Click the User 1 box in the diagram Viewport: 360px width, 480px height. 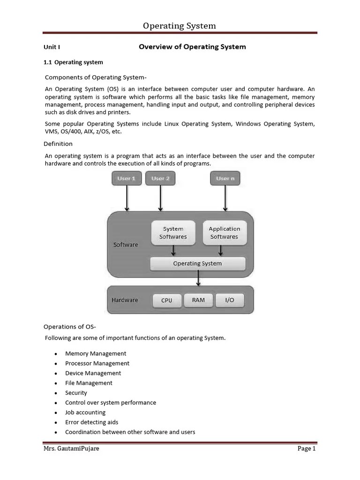(x=127, y=179)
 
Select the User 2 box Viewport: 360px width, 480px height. (x=161, y=179)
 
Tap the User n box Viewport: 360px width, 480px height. (x=225, y=179)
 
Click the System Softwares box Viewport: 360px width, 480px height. (x=173, y=232)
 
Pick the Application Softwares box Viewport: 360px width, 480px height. (x=224, y=232)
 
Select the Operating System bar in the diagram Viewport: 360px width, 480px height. (x=197, y=263)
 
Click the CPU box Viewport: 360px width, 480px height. (x=167, y=300)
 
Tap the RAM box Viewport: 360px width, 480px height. (x=198, y=300)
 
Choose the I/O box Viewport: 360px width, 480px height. (x=230, y=300)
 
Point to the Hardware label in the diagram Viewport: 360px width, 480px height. (x=125, y=300)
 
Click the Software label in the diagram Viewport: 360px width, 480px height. (x=126, y=245)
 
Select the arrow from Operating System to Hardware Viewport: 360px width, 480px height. (x=198, y=278)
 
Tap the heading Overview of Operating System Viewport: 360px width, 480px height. (x=192, y=47)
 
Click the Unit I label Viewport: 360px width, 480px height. (x=52, y=47)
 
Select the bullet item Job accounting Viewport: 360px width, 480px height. (x=85, y=412)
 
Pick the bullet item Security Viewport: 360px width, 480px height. (x=76, y=393)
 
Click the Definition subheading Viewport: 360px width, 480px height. (x=58, y=144)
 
